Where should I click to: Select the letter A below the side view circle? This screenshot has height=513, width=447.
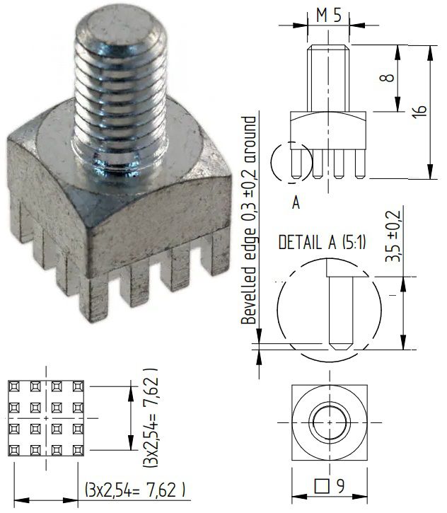(296, 203)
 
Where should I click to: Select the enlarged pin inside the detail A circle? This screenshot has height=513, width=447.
(339, 311)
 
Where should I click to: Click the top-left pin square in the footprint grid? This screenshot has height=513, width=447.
(14, 386)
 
